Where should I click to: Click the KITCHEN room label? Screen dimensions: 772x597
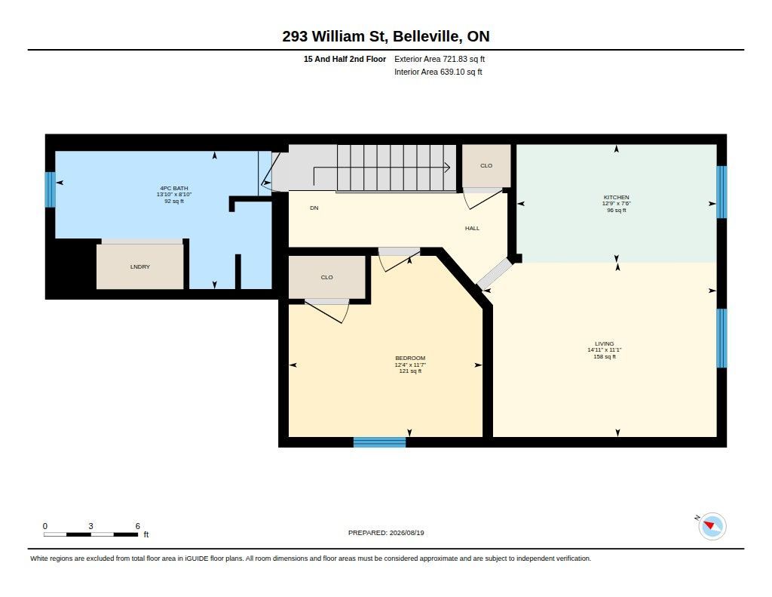(616, 197)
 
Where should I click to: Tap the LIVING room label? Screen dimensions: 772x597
(604, 343)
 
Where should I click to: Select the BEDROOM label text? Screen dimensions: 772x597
(410, 359)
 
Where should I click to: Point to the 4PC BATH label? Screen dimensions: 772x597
(174, 189)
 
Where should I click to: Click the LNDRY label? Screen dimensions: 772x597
(139, 266)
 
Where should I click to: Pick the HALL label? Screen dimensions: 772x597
(472, 228)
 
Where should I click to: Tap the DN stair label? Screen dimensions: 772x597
(314, 208)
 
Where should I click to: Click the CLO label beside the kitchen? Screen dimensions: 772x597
(486, 165)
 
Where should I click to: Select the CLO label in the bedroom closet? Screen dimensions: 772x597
(327, 278)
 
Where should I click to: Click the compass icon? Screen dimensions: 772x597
(712, 526)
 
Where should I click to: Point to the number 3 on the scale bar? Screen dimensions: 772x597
(90, 526)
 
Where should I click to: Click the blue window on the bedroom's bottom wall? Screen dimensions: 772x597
(380, 442)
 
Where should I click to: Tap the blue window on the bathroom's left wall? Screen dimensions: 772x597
(50, 189)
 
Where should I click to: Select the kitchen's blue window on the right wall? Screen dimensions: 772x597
(721, 192)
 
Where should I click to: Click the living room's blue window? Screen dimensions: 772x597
(721, 338)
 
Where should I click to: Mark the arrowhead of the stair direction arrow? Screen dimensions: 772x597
(448, 168)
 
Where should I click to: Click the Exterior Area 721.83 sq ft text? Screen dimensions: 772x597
(440, 59)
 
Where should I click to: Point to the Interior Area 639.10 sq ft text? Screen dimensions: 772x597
(438, 72)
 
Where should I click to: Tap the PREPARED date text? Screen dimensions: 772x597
(386, 533)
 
